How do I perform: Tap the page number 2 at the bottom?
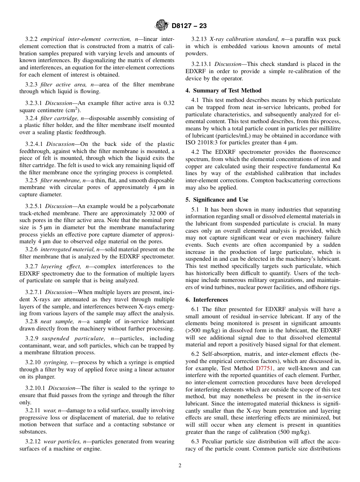click(x=180, y=466)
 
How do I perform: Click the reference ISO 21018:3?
click(x=202, y=143)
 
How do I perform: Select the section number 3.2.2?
click(x=32, y=39)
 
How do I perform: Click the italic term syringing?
click(x=56, y=363)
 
